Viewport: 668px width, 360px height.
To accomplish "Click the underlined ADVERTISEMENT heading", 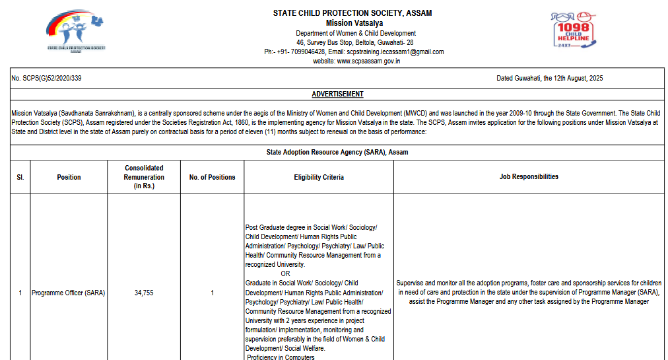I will pyautogui.click(x=337, y=94).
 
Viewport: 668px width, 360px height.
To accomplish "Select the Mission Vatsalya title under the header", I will pyautogui.click(x=352, y=23).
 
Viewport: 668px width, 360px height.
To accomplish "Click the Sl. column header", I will pyautogui.click(x=20, y=177).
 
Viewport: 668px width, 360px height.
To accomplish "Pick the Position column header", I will pyautogui.click(x=69, y=177).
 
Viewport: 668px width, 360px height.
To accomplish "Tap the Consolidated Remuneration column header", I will pyautogui.click(x=144, y=177).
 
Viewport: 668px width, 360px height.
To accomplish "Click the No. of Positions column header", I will pyautogui.click(x=212, y=177).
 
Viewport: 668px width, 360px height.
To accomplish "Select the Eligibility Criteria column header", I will pyautogui.click(x=319, y=177).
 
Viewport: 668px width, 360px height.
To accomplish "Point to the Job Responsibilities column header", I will pyautogui.click(x=529, y=176).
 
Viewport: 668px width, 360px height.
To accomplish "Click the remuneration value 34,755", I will pyautogui.click(x=143, y=293).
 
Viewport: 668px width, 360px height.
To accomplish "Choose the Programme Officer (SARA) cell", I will pyautogui.click(x=69, y=293).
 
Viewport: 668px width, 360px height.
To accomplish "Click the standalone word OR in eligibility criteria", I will pyautogui.click(x=285, y=273).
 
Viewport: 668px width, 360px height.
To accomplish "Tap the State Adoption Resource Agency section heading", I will pyautogui.click(x=337, y=153).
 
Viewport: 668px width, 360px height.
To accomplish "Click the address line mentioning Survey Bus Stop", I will pyautogui.click(x=354, y=42).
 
